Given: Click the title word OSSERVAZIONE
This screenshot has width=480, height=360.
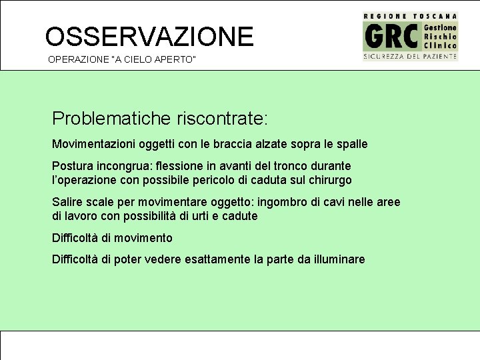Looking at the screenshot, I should click(x=149, y=37).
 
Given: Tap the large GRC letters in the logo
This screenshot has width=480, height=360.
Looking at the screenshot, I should click(x=392, y=36).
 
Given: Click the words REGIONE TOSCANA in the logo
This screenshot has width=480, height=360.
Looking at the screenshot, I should click(x=410, y=15).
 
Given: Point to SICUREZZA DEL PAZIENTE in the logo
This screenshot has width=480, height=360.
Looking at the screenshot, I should click(x=410, y=57).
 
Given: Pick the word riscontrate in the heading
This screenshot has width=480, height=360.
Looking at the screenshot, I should click(x=221, y=119).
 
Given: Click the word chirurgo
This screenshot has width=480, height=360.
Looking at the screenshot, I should click(x=329, y=180).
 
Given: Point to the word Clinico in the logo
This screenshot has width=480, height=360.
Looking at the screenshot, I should click(x=440, y=45).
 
